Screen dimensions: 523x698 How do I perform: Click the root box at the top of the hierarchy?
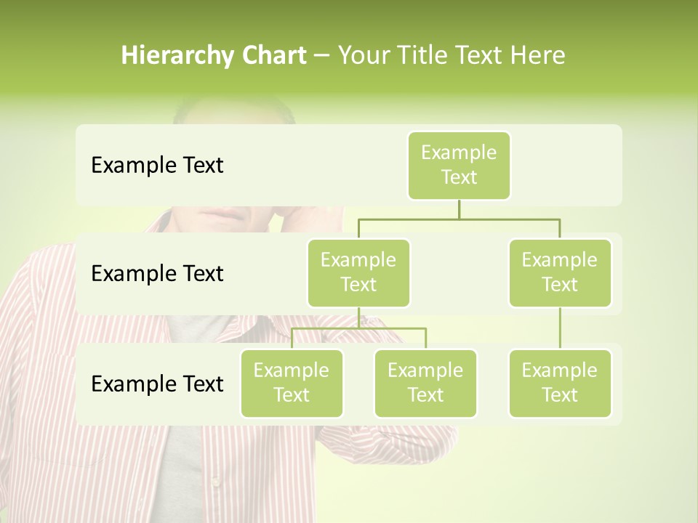[x=459, y=166]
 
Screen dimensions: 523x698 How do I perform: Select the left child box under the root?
[x=358, y=272]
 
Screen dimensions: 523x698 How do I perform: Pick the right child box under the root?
[x=560, y=272]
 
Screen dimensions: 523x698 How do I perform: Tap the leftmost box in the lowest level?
[x=292, y=383]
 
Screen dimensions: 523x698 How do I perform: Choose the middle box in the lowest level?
[x=425, y=383]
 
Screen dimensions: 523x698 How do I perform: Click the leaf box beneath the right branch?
[x=560, y=383]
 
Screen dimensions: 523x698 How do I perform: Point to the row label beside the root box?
[x=157, y=166]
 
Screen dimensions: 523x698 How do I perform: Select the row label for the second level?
[x=157, y=274]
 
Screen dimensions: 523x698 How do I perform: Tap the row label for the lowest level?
[x=157, y=384]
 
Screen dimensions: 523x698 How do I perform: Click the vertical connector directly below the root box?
[x=459, y=209]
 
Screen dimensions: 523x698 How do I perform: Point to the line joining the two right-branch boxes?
[x=560, y=328]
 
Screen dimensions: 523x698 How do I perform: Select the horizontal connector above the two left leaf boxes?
[x=358, y=328]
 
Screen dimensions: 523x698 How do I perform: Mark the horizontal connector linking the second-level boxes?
[x=459, y=219]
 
